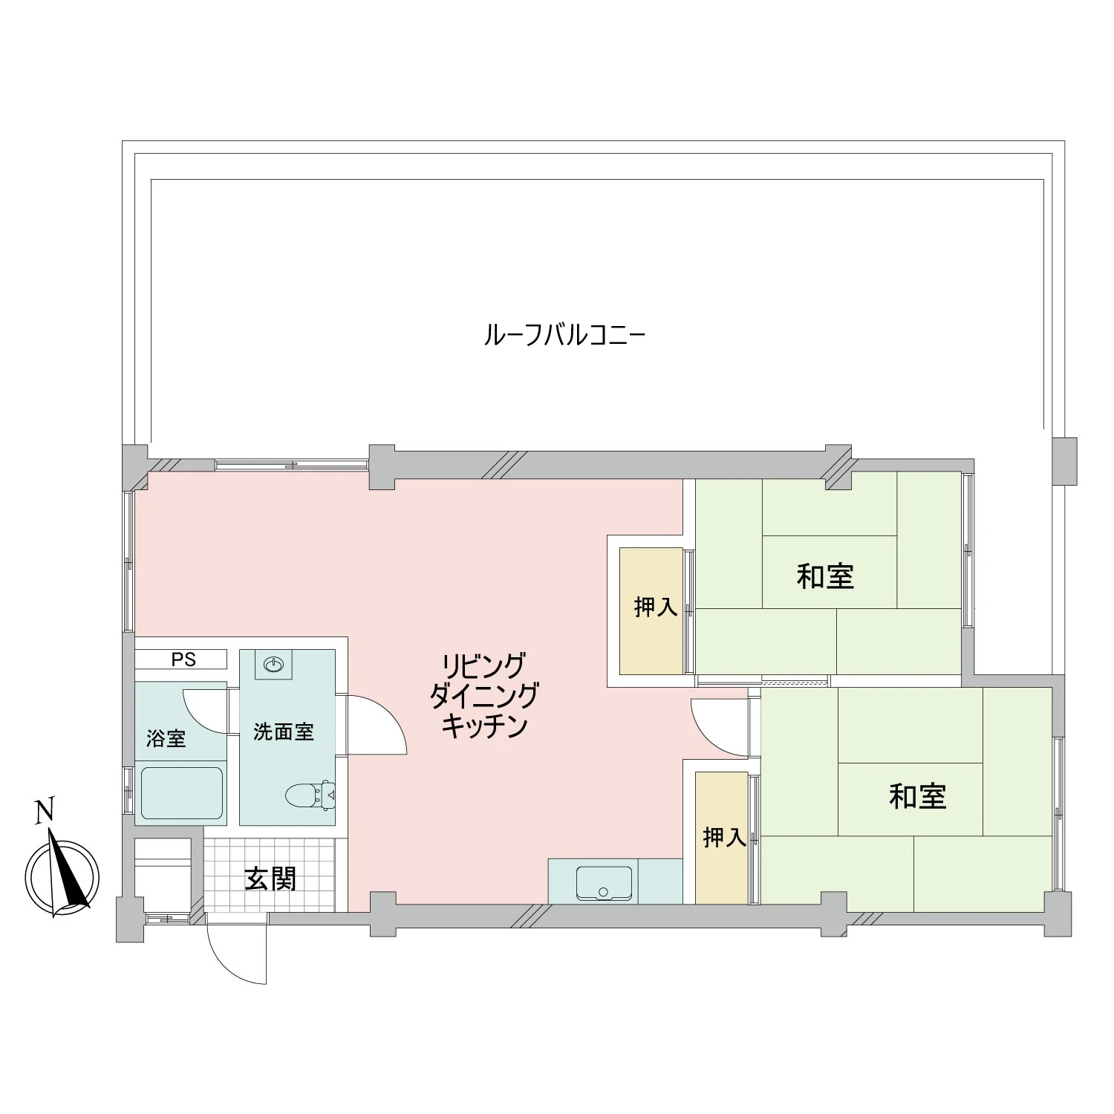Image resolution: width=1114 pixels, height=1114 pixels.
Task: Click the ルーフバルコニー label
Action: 564,336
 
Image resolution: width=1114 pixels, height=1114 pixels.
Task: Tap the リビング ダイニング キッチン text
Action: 484,695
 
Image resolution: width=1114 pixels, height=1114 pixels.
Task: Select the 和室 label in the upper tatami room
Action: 825,576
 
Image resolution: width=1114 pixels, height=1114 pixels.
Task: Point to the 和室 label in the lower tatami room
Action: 917,797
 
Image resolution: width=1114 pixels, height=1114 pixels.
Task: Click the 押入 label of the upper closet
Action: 655,607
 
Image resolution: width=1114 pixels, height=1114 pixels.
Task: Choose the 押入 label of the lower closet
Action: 724,838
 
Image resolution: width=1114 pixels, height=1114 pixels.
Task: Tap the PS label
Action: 183,659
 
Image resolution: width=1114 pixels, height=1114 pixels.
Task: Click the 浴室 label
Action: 166,738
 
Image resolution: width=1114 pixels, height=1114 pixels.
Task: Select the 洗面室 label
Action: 283,732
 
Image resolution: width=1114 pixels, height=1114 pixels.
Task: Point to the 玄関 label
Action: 270,879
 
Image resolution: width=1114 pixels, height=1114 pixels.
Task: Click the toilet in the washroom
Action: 310,795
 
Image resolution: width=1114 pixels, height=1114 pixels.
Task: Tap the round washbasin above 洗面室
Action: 273,664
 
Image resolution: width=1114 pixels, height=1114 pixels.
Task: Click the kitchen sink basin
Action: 604,883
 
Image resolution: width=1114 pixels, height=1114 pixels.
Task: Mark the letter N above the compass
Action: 45,811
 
